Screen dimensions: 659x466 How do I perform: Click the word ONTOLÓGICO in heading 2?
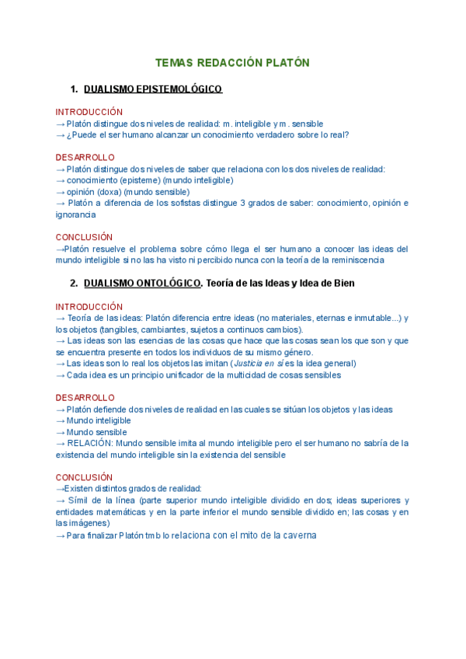point(168,284)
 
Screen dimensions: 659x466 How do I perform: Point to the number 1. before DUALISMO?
point(75,89)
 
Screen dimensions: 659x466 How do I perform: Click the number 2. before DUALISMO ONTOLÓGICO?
point(75,284)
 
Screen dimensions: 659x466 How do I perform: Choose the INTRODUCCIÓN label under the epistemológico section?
point(89,112)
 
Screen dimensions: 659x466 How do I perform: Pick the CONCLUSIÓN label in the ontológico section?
point(84,477)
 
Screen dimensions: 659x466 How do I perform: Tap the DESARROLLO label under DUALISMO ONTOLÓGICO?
point(85,398)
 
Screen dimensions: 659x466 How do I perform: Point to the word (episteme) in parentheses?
point(141,180)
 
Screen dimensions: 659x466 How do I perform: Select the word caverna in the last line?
point(299,535)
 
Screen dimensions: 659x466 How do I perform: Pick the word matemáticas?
point(118,512)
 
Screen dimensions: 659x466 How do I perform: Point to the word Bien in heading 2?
point(343,284)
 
